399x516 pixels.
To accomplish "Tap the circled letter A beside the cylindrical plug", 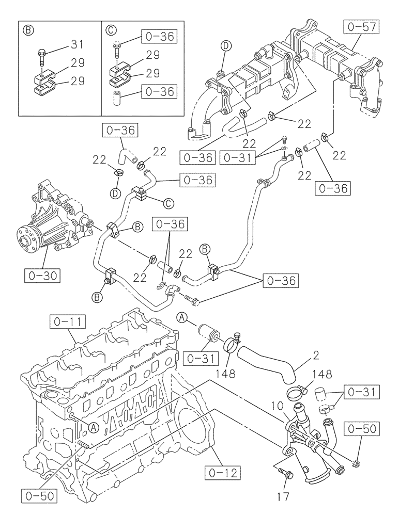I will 181,317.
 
